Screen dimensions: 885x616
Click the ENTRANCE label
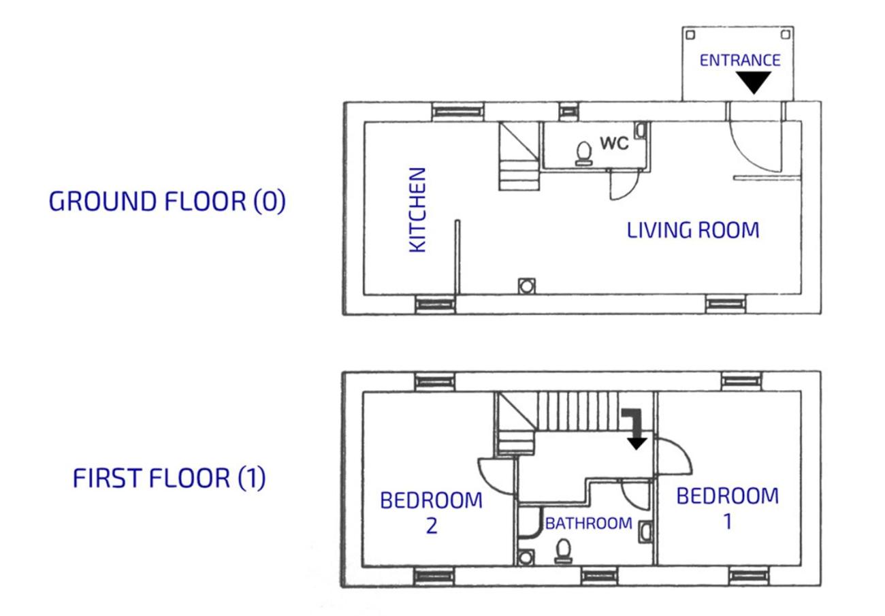740,61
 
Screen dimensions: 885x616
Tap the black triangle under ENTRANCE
754,82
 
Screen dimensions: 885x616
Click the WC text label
614,143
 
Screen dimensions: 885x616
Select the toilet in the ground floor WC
583,154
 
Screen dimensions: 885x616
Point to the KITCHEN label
417,210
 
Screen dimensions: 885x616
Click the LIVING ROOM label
693,230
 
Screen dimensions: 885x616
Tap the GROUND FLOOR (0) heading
167,201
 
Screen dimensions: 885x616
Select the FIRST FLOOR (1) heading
169,478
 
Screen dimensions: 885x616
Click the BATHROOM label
589,523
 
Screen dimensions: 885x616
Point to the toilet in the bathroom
564,551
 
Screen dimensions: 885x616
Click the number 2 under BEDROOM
432,526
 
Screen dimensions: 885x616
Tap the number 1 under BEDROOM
728,521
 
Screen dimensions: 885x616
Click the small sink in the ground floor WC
641,129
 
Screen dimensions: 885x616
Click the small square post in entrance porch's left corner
690,35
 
